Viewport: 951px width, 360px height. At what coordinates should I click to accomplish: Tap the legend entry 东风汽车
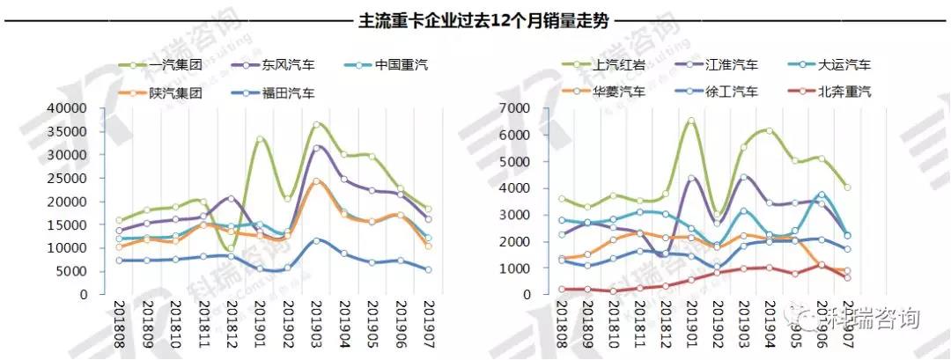coord(287,65)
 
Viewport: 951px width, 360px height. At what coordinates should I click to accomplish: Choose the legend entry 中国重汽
coord(401,65)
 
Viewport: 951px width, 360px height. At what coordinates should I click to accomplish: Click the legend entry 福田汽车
coord(287,92)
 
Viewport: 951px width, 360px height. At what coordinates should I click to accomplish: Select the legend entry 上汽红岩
coord(616,65)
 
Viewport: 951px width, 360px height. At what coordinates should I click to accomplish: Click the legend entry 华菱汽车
coord(616,91)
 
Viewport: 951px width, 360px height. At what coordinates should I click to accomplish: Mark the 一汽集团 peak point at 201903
coord(317,125)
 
